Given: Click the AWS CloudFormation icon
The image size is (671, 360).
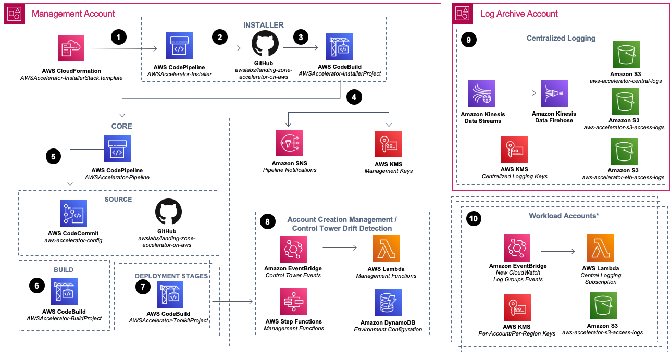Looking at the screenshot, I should (71, 48).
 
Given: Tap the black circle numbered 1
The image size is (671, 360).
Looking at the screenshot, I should (119, 37).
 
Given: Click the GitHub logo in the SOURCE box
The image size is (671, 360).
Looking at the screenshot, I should (169, 212).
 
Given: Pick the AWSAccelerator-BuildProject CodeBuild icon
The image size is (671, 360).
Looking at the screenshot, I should (64, 291).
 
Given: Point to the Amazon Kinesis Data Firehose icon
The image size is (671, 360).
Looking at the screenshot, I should (554, 93).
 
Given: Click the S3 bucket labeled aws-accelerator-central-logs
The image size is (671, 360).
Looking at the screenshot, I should (627, 55).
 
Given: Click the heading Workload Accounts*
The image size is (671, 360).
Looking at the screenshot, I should (562, 216).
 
